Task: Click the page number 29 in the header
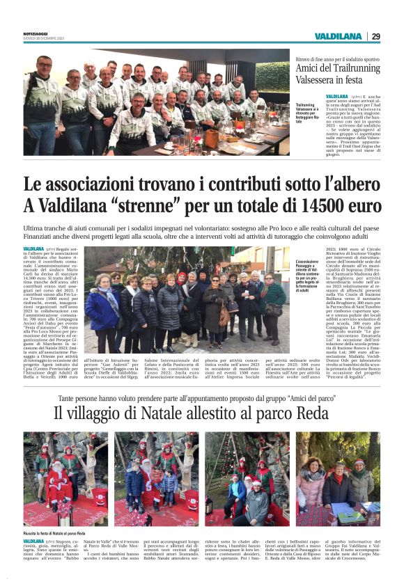[375, 36]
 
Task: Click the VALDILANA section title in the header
[338, 36]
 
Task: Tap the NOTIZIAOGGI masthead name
[37, 33]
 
